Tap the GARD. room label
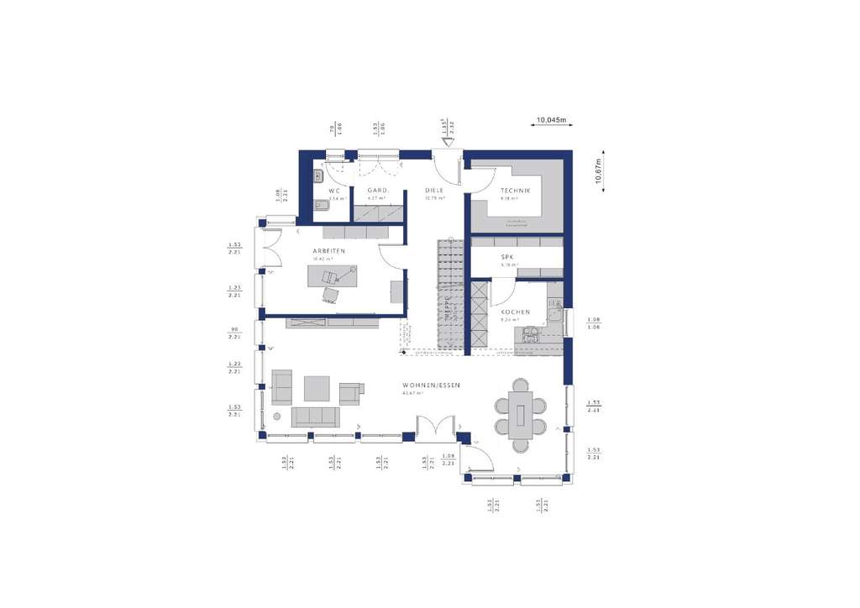[x=377, y=191]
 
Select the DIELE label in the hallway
[x=433, y=191]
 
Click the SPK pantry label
[x=507, y=256]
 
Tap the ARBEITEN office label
[x=329, y=251]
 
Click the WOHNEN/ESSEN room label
[x=431, y=385]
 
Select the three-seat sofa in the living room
[x=315, y=417]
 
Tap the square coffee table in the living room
[x=317, y=388]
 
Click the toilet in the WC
[x=318, y=206]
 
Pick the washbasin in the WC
[x=317, y=176]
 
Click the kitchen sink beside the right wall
[x=554, y=314]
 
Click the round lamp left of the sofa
[x=276, y=417]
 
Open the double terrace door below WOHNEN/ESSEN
[x=437, y=429]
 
